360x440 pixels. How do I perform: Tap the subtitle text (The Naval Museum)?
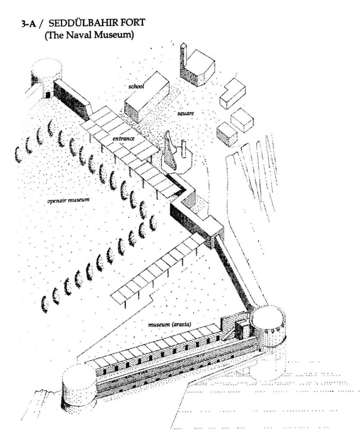(89, 36)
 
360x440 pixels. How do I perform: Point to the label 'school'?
(136, 86)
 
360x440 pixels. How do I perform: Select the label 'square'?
(185, 114)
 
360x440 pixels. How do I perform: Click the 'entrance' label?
(124, 138)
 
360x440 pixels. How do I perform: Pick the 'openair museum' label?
(69, 200)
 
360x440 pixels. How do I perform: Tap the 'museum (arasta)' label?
(170, 325)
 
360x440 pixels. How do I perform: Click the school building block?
(146, 97)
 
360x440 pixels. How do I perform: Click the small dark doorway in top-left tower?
(48, 95)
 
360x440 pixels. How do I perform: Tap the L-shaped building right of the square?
(233, 93)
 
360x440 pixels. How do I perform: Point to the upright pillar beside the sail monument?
(184, 149)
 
